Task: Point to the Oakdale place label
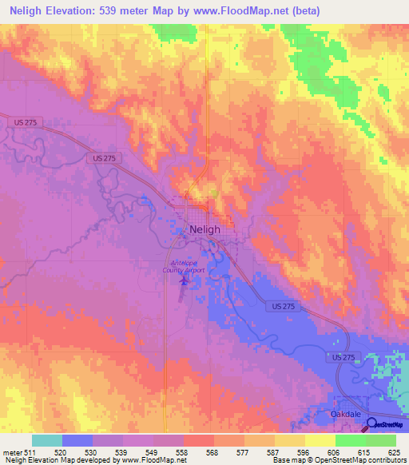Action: tap(347, 415)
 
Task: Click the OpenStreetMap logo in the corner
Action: tap(386, 425)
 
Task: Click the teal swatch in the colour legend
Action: tap(47, 440)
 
